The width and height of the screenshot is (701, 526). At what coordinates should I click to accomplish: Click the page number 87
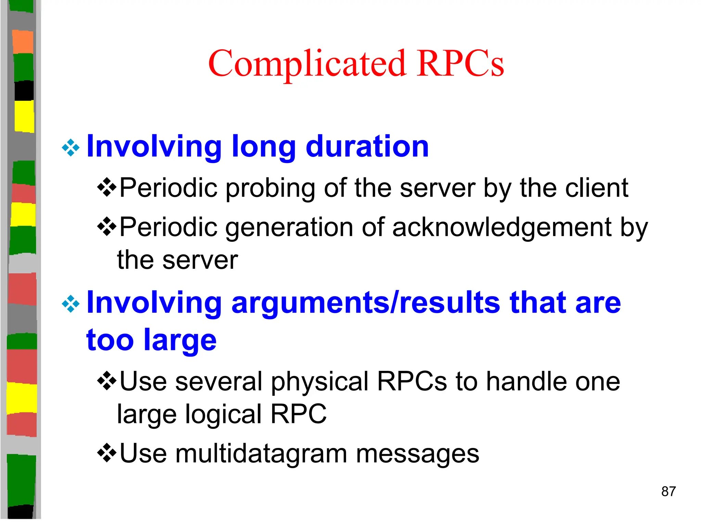point(668,491)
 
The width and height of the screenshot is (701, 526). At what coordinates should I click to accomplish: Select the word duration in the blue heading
point(367,147)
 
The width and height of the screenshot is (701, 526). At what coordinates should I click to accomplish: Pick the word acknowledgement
point(502,227)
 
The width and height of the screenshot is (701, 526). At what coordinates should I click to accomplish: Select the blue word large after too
point(180,340)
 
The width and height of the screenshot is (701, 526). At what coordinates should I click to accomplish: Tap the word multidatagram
point(261,454)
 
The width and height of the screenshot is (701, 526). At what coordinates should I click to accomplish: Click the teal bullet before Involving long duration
point(71,148)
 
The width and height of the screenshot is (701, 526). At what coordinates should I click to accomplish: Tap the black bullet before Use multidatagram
point(107,453)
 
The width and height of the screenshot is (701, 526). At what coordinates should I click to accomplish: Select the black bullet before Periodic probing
point(107,187)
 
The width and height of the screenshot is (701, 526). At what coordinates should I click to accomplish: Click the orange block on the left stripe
point(23,42)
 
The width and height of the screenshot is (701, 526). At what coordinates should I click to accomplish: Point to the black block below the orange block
point(24,90)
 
